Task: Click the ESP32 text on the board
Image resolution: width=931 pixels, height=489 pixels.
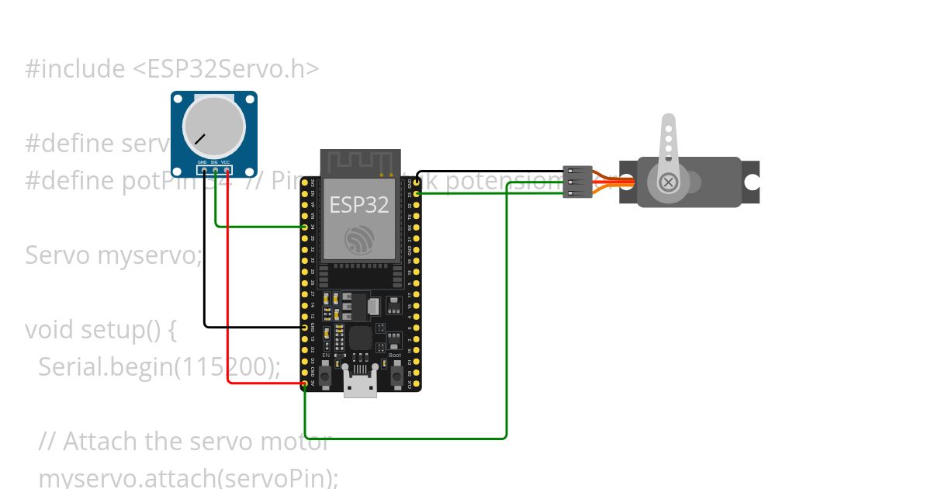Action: [358, 204]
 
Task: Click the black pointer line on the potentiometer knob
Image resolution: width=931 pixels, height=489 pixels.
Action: [201, 140]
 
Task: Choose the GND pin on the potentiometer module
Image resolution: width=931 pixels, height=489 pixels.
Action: [203, 169]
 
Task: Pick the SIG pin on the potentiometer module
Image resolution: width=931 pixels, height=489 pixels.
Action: [215, 169]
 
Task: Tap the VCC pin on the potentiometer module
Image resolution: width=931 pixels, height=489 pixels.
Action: [227, 169]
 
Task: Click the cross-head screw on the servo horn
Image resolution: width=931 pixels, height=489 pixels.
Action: [667, 182]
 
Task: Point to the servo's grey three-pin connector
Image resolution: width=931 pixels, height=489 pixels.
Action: [577, 182]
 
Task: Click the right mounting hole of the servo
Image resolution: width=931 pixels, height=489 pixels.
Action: [751, 182]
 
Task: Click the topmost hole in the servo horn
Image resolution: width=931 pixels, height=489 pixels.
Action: [667, 130]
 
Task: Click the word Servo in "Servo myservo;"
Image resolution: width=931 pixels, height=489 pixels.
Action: [58, 255]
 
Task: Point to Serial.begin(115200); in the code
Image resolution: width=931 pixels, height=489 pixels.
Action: [159, 366]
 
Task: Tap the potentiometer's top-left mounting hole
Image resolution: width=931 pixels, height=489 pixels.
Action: [178, 99]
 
